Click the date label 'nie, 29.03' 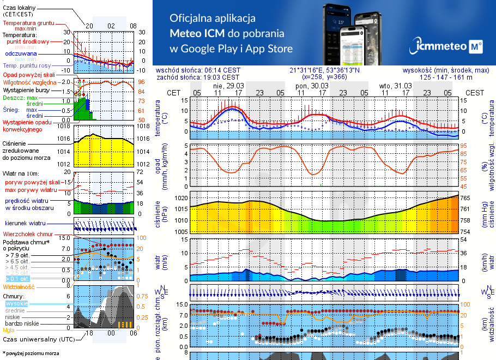(x=228, y=86)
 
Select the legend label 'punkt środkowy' (x=28, y=41)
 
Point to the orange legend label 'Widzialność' (x=19, y=286)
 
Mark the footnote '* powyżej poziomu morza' (x=31, y=353)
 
